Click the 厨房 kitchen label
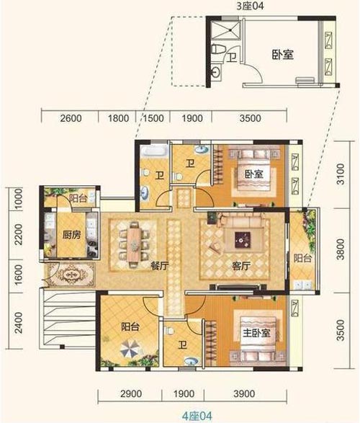[72, 235]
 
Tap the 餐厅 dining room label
[160, 266]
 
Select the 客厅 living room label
[241, 266]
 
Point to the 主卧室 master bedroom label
[256, 334]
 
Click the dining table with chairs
[134, 245]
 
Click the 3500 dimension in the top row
[250, 118]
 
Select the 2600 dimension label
[71, 118]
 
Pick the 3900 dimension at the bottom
[244, 393]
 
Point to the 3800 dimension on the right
[341, 249]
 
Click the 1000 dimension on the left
[19, 199]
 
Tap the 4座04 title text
[197, 416]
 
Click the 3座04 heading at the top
[251, 5]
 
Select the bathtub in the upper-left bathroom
[153, 151]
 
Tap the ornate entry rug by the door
[71, 275]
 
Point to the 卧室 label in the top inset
[282, 55]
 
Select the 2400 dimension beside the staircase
[19, 322]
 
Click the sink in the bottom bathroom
[191, 361]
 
